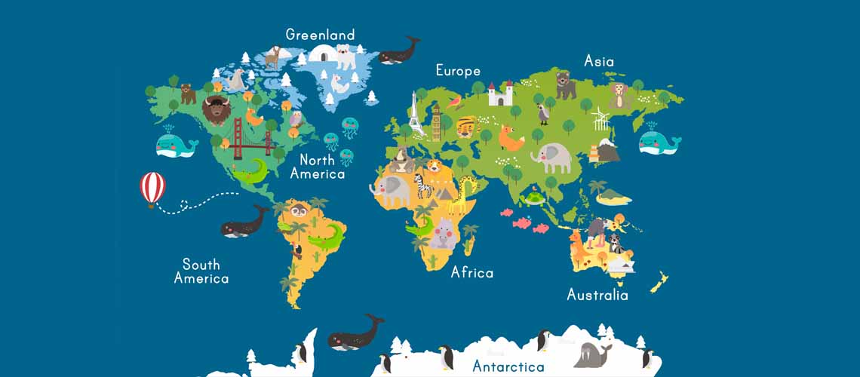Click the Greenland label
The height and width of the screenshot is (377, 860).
tap(320, 35)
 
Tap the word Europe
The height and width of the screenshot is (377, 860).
tap(458, 71)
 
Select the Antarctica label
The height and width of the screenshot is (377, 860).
tap(508, 367)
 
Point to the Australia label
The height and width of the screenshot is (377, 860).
tap(597, 294)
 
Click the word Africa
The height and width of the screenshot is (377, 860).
tap(471, 272)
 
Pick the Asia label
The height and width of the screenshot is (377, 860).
tap(599, 61)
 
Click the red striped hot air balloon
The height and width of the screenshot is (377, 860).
tap(152, 187)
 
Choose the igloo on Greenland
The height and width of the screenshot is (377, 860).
tap(321, 54)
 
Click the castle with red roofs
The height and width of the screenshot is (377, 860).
tap(500, 93)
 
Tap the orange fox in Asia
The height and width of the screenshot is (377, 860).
tap(512, 139)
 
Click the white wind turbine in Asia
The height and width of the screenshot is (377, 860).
tap(600, 118)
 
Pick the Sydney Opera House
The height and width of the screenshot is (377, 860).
tap(620, 265)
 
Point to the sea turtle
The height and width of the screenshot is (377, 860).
tap(536, 199)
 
